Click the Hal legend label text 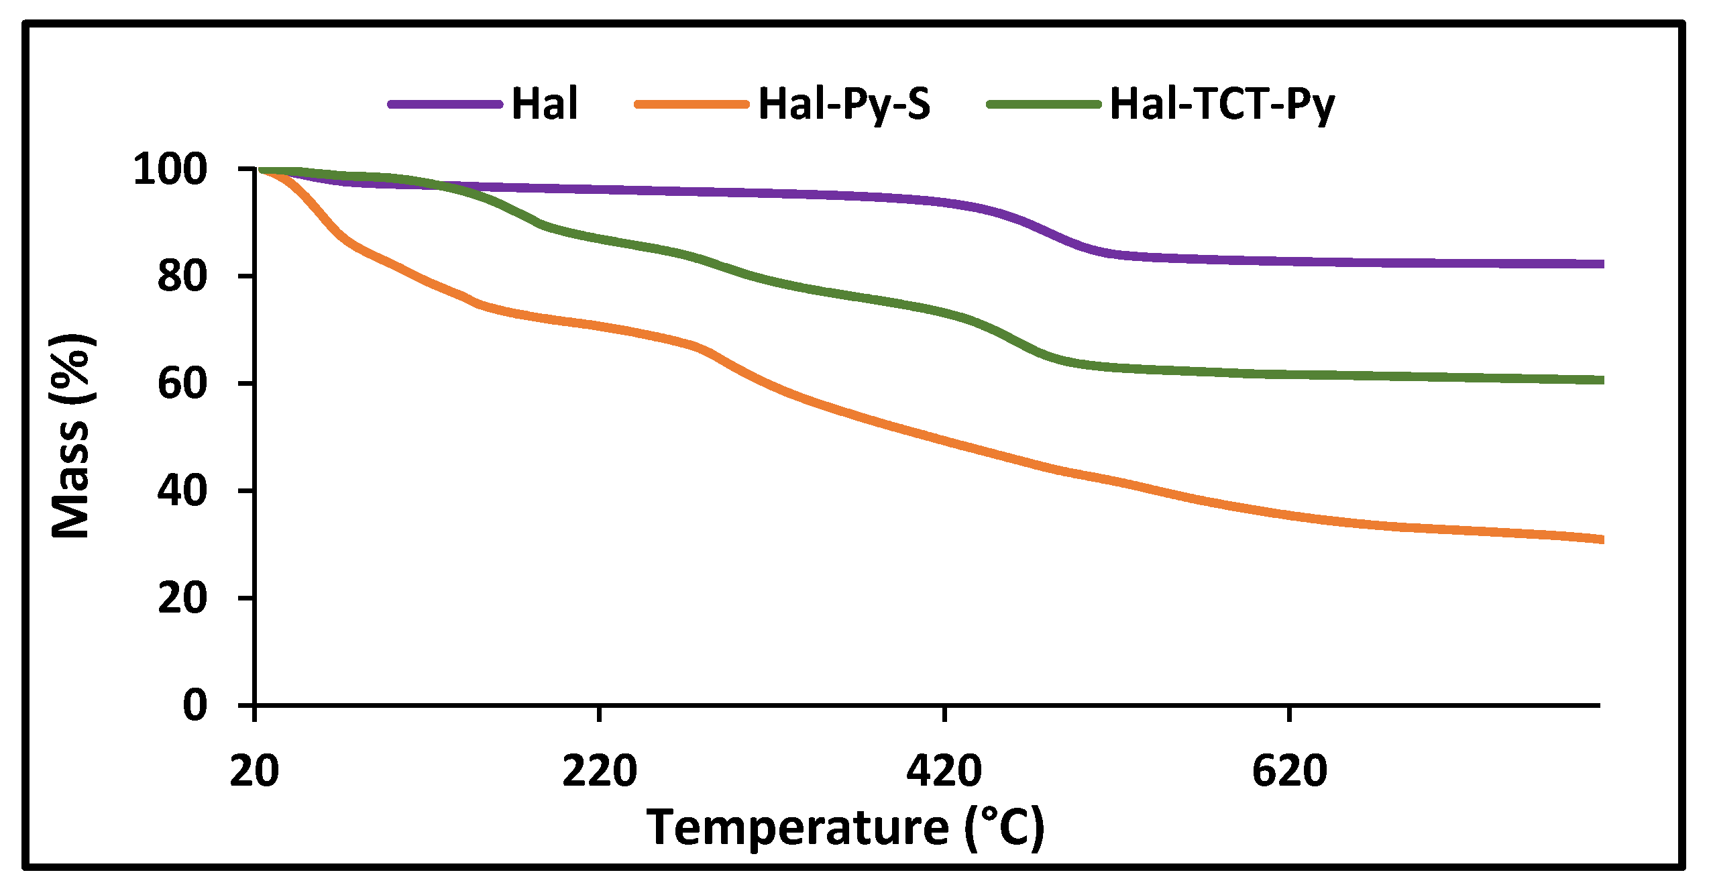pyautogui.click(x=544, y=104)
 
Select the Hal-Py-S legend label pyautogui.click(x=844, y=104)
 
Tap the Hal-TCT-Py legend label pyautogui.click(x=1222, y=104)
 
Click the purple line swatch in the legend pyautogui.click(x=445, y=104)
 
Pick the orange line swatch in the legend pyautogui.click(x=692, y=104)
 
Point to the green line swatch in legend pyautogui.click(x=1044, y=104)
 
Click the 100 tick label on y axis pyautogui.click(x=170, y=169)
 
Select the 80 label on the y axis pyautogui.click(x=182, y=276)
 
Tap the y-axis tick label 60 pyautogui.click(x=182, y=384)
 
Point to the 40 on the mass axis pyautogui.click(x=182, y=490)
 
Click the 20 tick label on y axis pyautogui.click(x=182, y=598)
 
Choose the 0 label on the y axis pyautogui.click(x=195, y=705)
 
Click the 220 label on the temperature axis pyautogui.click(x=599, y=771)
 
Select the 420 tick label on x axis pyautogui.click(x=944, y=771)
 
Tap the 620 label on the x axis pyautogui.click(x=1289, y=771)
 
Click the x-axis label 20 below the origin pyautogui.click(x=254, y=771)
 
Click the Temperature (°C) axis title pyautogui.click(x=845, y=827)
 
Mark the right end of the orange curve pyautogui.click(x=1600, y=539)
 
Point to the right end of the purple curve pyautogui.click(x=1600, y=264)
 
